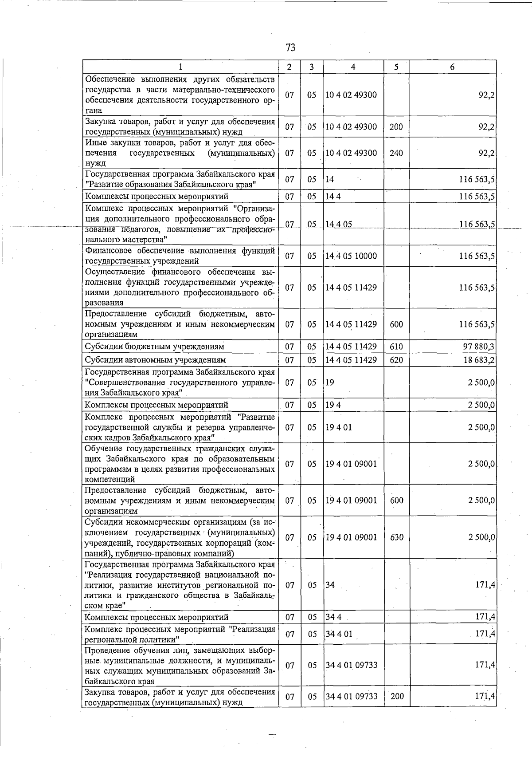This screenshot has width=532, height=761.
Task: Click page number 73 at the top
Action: pyautogui.click(x=291, y=47)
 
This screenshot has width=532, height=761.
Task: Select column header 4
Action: pyautogui.click(x=353, y=67)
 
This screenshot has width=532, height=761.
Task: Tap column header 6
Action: pyautogui.click(x=452, y=67)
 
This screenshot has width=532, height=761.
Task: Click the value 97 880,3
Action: pyautogui.click(x=479, y=347)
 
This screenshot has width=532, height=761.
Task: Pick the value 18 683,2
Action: pyautogui.click(x=479, y=360)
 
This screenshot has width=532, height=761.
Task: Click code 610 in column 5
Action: pyautogui.click(x=396, y=347)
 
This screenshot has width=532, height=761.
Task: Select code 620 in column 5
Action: pyautogui.click(x=396, y=360)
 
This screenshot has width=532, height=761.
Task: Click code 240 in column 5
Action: pyautogui.click(x=396, y=153)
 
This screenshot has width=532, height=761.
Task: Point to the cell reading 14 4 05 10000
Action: pyautogui.click(x=351, y=256)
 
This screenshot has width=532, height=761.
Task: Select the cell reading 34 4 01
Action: pyautogui.click(x=339, y=634)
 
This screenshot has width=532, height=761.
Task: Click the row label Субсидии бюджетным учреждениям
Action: pyautogui.click(x=154, y=347)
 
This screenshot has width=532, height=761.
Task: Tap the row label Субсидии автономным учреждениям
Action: pyautogui.click(x=155, y=360)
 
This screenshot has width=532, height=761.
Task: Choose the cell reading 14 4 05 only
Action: pyautogui.click(x=339, y=225)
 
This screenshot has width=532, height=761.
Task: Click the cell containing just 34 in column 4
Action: pyautogui.click(x=330, y=585)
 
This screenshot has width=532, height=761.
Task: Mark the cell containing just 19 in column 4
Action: pyautogui.click(x=330, y=382)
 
